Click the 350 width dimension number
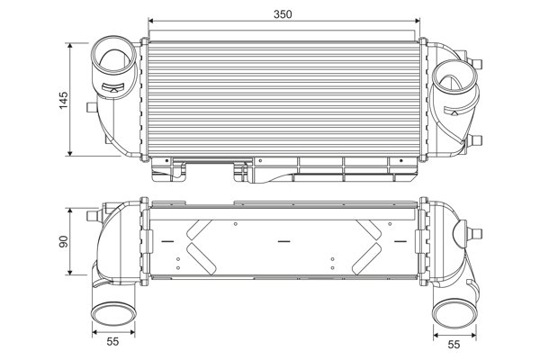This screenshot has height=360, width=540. (x=285, y=13)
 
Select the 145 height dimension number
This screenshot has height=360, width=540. (x=62, y=99)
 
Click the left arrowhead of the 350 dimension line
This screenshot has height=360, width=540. (x=151, y=22)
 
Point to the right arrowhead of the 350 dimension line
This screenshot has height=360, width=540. (x=418, y=22)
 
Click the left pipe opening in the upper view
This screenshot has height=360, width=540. (x=115, y=56)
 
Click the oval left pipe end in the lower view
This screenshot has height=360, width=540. (x=113, y=314)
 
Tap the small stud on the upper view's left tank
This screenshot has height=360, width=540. (x=88, y=107)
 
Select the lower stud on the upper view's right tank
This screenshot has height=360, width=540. (x=476, y=139)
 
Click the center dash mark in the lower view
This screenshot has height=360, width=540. (x=284, y=241)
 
